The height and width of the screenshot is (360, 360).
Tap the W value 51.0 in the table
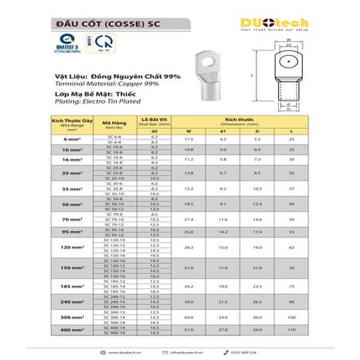pos(189,328)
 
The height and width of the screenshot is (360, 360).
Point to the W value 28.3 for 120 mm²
pos(189,248)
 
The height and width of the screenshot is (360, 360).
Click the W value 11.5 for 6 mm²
pos(189,139)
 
